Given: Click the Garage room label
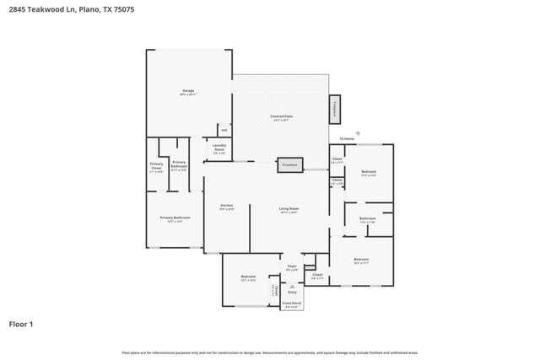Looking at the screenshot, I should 187,92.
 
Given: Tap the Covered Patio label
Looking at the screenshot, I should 281,118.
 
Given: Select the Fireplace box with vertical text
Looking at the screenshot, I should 335,108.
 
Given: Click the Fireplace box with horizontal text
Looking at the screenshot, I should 289,165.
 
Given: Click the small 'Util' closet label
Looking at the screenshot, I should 224,130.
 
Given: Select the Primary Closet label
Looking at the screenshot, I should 156,166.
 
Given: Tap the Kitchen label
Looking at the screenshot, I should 226,207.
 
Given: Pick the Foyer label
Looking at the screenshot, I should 292,267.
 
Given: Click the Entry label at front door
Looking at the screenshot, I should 292,292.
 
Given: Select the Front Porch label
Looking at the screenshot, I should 292,304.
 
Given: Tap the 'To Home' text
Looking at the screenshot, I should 347,138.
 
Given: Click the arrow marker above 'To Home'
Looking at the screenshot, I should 358,132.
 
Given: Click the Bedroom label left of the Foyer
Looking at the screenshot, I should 248,277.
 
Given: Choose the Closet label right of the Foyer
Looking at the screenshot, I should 317,276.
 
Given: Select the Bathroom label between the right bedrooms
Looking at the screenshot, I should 367,220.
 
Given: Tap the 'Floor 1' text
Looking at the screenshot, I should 21,324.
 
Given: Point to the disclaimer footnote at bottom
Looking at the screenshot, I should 269,352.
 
